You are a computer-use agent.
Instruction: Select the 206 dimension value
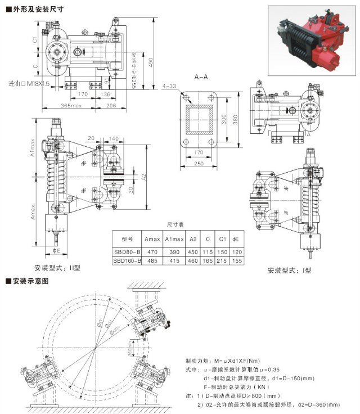[x=110, y=106]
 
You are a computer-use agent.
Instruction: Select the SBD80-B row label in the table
[x=127, y=252]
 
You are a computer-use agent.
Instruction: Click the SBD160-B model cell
[x=127, y=261]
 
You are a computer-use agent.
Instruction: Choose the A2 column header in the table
[x=192, y=238]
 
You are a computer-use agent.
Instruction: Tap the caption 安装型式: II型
[x=57, y=268]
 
